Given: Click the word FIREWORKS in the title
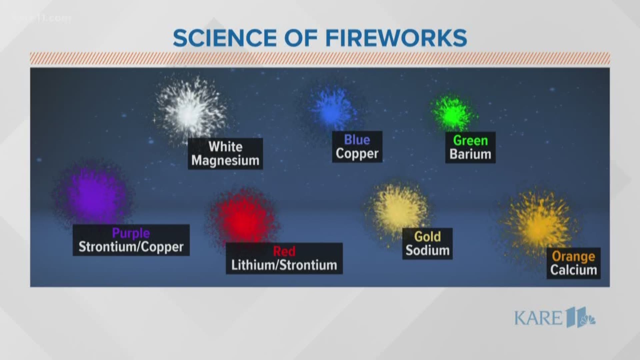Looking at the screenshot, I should (x=396, y=38).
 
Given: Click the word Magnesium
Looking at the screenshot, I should (x=225, y=161).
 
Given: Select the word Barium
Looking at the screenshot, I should (x=470, y=154).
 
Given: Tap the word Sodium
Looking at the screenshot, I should (x=427, y=250).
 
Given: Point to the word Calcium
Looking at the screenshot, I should (x=573, y=270).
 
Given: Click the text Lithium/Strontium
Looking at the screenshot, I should (x=284, y=265).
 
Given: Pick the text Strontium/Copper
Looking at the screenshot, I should (x=131, y=247).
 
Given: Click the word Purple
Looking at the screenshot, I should (x=131, y=233).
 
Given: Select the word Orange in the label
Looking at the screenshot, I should (x=573, y=256).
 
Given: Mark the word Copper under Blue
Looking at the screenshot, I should (x=357, y=154).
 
